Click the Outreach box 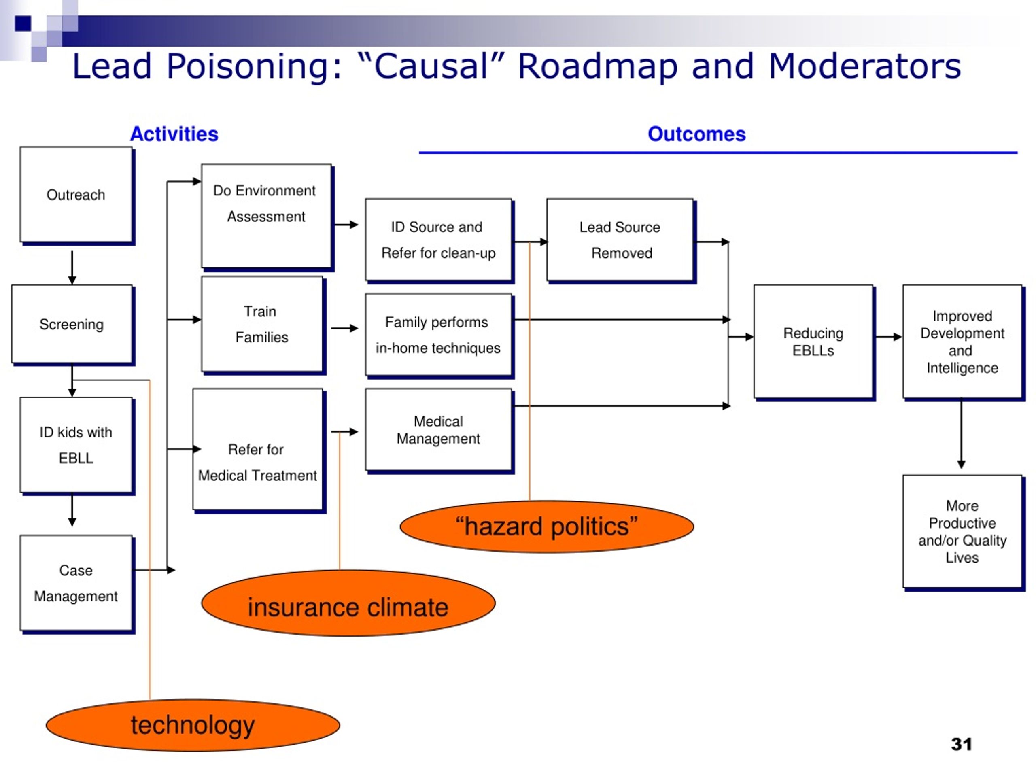(x=77, y=196)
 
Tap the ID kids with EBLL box (x=77, y=446)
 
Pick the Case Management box (x=77, y=584)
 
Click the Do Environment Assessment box (x=267, y=217)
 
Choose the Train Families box (x=263, y=325)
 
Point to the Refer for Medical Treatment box (x=259, y=450)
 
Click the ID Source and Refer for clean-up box (x=439, y=241)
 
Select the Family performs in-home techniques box (x=439, y=336)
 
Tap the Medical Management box (x=439, y=431)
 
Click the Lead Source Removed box (x=621, y=241)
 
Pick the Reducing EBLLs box (x=815, y=343)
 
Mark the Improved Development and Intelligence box (x=964, y=343)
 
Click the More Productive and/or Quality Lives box (x=964, y=533)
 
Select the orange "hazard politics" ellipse (x=547, y=527)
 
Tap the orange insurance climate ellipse (x=348, y=603)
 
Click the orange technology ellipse (x=193, y=726)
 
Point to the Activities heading (x=174, y=134)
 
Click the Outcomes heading (x=696, y=134)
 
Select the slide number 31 (x=962, y=744)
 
